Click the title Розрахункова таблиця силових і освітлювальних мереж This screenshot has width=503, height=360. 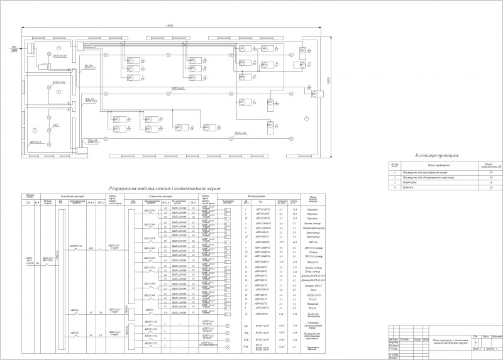coord(165,187)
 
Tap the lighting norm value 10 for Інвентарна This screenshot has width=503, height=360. coord(490,182)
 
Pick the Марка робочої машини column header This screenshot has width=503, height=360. coord(312,201)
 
